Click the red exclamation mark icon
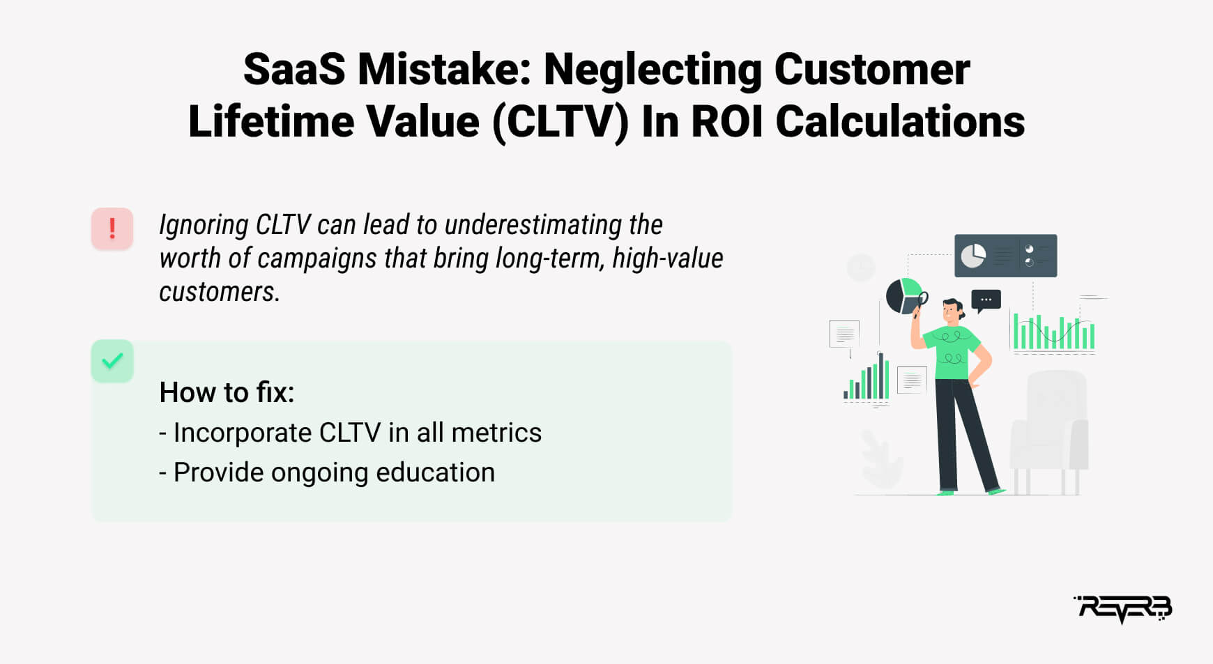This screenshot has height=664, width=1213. coord(112,229)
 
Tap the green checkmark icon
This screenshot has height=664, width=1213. coord(112,361)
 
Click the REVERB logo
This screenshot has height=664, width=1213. coord(1123,609)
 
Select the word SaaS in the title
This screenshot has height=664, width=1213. coord(294,70)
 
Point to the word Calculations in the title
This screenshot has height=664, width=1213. coord(900,122)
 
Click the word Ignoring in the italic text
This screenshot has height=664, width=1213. coord(204,226)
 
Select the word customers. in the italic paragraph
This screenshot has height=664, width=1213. coord(220,291)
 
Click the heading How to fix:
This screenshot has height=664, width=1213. coord(227,392)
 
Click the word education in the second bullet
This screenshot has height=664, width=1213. coord(436,472)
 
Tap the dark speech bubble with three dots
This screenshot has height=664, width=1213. coord(986,300)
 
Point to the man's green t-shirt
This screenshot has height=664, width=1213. coord(953,352)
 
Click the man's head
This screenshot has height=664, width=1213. coord(953,310)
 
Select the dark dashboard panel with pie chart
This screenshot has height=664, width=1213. coord(1005,256)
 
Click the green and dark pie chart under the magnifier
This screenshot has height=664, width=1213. coord(903,295)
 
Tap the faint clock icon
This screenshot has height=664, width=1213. coord(861,268)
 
